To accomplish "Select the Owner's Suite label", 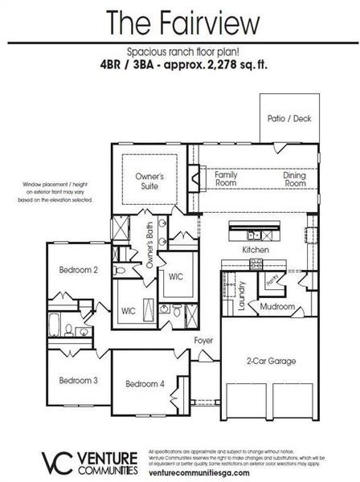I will click(x=149, y=181).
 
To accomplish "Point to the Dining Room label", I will click(x=294, y=178).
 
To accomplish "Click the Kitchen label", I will click(x=254, y=251).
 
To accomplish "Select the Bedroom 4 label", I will click(x=145, y=384).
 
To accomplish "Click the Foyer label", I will click(x=203, y=341).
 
